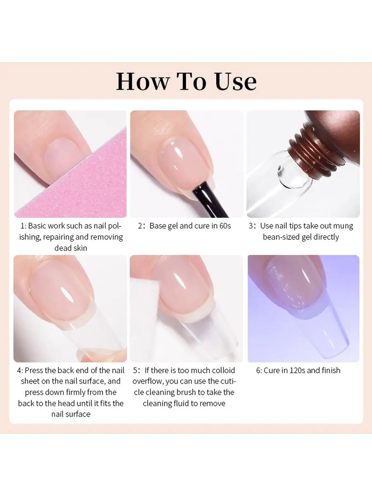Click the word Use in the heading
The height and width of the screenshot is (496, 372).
(236, 81)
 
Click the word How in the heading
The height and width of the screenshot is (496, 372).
(143, 81)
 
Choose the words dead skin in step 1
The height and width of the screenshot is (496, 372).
(71, 248)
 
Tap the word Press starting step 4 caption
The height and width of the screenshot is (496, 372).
(34, 370)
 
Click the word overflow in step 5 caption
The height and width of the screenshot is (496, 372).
(148, 382)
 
